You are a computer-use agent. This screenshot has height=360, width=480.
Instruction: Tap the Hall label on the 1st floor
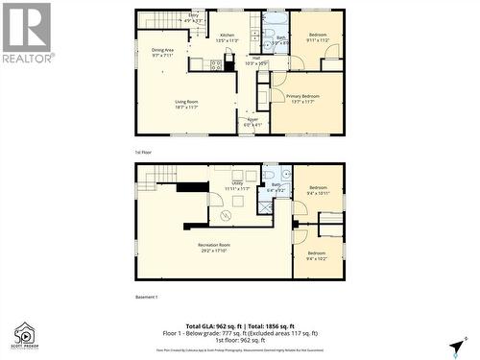pyautogui.click(x=257, y=60)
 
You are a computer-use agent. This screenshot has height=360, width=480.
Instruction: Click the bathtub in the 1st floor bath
pyautogui.click(x=275, y=21)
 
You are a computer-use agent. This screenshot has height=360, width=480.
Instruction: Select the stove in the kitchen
pyautogui.click(x=216, y=66)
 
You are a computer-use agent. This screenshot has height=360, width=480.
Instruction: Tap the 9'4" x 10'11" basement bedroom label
pyautogui.click(x=318, y=191)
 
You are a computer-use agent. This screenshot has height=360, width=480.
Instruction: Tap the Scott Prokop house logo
pyautogui.click(x=22, y=333)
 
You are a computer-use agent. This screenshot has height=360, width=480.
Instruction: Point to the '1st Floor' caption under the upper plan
pyautogui.click(x=144, y=152)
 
